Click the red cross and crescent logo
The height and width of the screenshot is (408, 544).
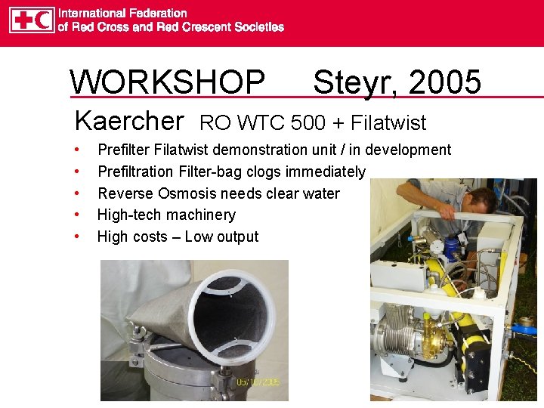pos(32,20)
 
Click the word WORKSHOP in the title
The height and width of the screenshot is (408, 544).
pos(167,82)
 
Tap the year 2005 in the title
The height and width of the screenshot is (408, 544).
pos(445,82)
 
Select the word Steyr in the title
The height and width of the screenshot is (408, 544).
pos(355,82)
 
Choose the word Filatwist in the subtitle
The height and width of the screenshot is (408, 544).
pos(386,122)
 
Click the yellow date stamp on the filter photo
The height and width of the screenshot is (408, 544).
pos(258,382)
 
